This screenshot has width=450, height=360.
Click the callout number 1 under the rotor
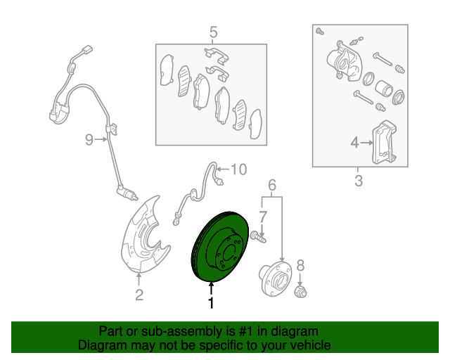tap(210, 303)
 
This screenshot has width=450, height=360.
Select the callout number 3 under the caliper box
tap(358, 182)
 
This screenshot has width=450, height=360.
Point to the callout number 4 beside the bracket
tap(355, 143)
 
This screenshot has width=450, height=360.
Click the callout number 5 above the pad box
tap(214, 32)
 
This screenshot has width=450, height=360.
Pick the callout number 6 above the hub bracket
tap(272, 186)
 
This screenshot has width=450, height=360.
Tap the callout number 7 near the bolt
tap(262, 216)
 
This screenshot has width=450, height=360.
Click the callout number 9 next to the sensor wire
tap(89, 140)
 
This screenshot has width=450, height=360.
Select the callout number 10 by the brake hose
tap(239, 169)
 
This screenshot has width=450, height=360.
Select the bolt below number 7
tap(259, 238)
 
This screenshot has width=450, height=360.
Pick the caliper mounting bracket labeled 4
tap(383, 143)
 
